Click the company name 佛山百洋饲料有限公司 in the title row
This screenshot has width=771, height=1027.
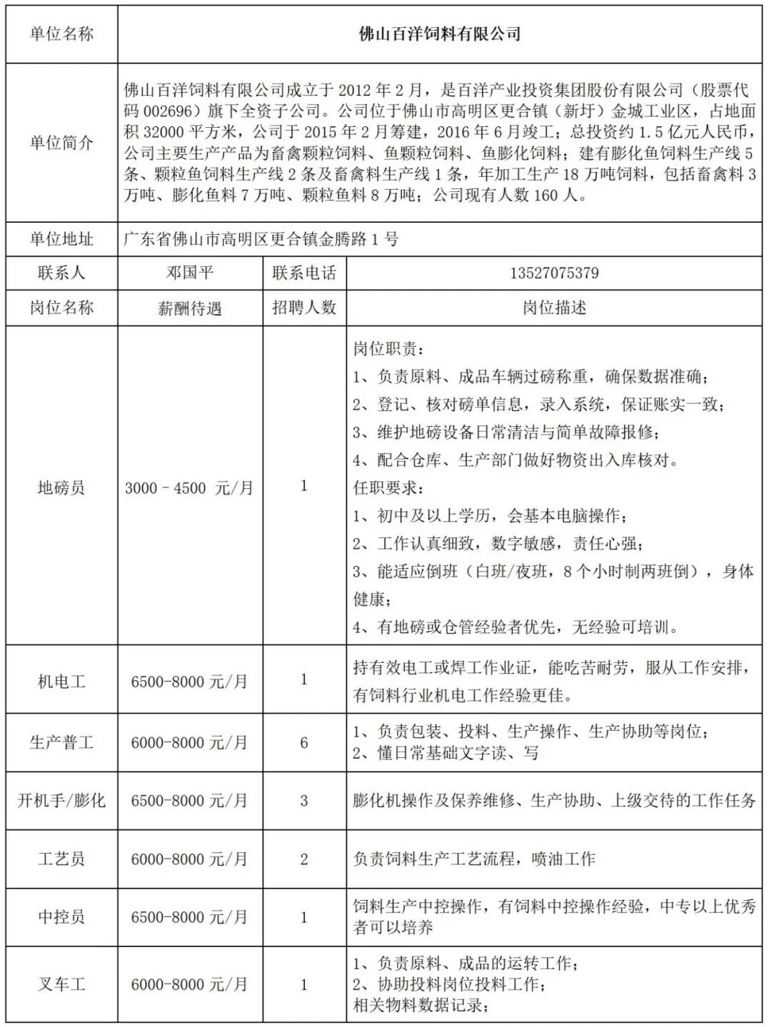(x=439, y=34)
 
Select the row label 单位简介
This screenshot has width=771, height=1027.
(x=61, y=142)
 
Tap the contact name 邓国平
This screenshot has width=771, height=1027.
(x=190, y=273)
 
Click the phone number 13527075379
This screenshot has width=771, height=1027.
(x=554, y=273)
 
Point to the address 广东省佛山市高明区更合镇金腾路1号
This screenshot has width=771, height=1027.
(x=261, y=239)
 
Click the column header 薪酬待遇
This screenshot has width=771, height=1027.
(x=190, y=308)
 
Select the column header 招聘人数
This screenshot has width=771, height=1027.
(x=304, y=308)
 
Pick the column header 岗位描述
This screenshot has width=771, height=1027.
(x=554, y=308)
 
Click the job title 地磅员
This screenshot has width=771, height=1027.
(x=61, y=488)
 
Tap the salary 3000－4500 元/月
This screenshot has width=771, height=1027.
(x=189, y=488)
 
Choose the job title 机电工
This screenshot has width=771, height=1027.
(x=61, y=682)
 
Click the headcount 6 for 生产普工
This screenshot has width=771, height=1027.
(x=304, y=743)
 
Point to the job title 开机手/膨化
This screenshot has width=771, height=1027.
(x=61, y=801)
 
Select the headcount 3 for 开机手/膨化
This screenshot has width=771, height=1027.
(x=304, y=801)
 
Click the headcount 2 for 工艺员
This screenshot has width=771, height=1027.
(x=304, y=859)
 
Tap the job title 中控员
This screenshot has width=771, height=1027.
(x=61, y=917)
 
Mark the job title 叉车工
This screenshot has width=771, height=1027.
(x=61, y=985)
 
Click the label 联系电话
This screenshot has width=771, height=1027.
(x=304, y=273)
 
